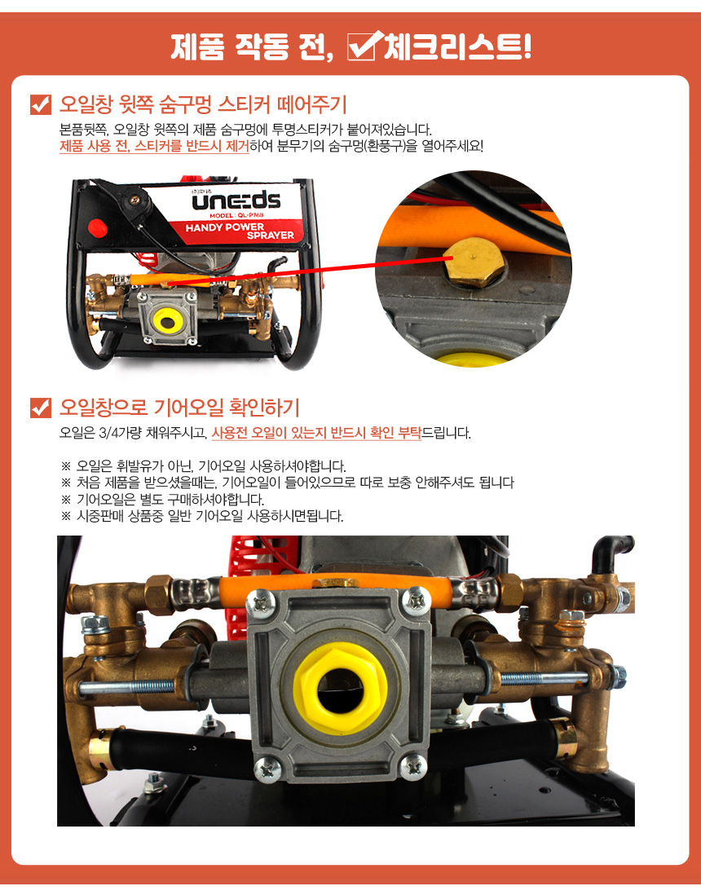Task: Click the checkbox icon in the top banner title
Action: [x=363, y=46]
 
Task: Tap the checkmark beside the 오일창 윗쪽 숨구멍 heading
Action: [x=41, y=104]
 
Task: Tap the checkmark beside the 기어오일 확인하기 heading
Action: [x=41, y=408]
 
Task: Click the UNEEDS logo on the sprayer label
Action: [x=236, y=201]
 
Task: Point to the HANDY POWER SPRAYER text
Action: [x=240, y=231]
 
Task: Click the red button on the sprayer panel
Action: [x=98, y=227]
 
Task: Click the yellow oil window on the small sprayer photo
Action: [x=167, y=323]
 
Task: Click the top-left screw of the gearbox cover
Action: [x=263, y=602]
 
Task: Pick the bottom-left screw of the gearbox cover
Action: [x=267, y=769]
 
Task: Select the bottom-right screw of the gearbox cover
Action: [x=412, y=766]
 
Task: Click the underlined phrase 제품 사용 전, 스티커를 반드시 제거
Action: [x=154, y=147]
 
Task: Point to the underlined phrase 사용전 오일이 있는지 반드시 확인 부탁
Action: [x=316, y=433]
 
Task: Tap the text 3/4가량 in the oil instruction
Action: [x=121, y=433]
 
